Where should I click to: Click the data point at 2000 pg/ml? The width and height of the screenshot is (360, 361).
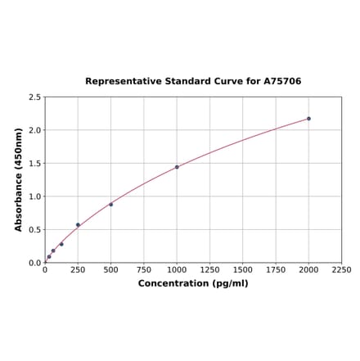click(308, 119)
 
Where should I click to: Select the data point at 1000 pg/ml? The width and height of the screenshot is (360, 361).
click(177, 167)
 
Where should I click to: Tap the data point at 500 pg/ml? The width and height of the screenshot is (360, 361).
click(111, 205)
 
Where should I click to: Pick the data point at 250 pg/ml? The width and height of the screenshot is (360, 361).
click(78, 225)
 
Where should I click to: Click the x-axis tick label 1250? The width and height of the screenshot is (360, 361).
click(209, 269)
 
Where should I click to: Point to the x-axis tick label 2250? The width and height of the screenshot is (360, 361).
click(341, 269)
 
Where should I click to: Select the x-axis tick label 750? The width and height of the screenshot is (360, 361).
click(144, 269)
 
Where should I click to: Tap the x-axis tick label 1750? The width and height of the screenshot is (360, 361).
click(276, 269)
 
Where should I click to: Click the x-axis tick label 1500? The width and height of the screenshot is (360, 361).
click(242, 269)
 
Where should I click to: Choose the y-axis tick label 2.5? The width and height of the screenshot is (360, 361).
click(35, 97)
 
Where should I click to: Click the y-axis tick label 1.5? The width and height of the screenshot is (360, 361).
click(35, 164)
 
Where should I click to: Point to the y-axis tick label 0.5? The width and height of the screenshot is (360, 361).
click(35, 230)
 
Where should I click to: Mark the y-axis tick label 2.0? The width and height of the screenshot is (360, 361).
click(35, 130)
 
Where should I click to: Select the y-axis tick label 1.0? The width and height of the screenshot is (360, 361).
click(35, 196)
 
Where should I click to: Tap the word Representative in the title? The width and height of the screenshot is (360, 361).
click(123, 82)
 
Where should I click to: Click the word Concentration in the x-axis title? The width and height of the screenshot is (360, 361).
click(173, 283)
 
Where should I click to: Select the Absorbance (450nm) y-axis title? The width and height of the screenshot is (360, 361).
click(19, 179)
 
